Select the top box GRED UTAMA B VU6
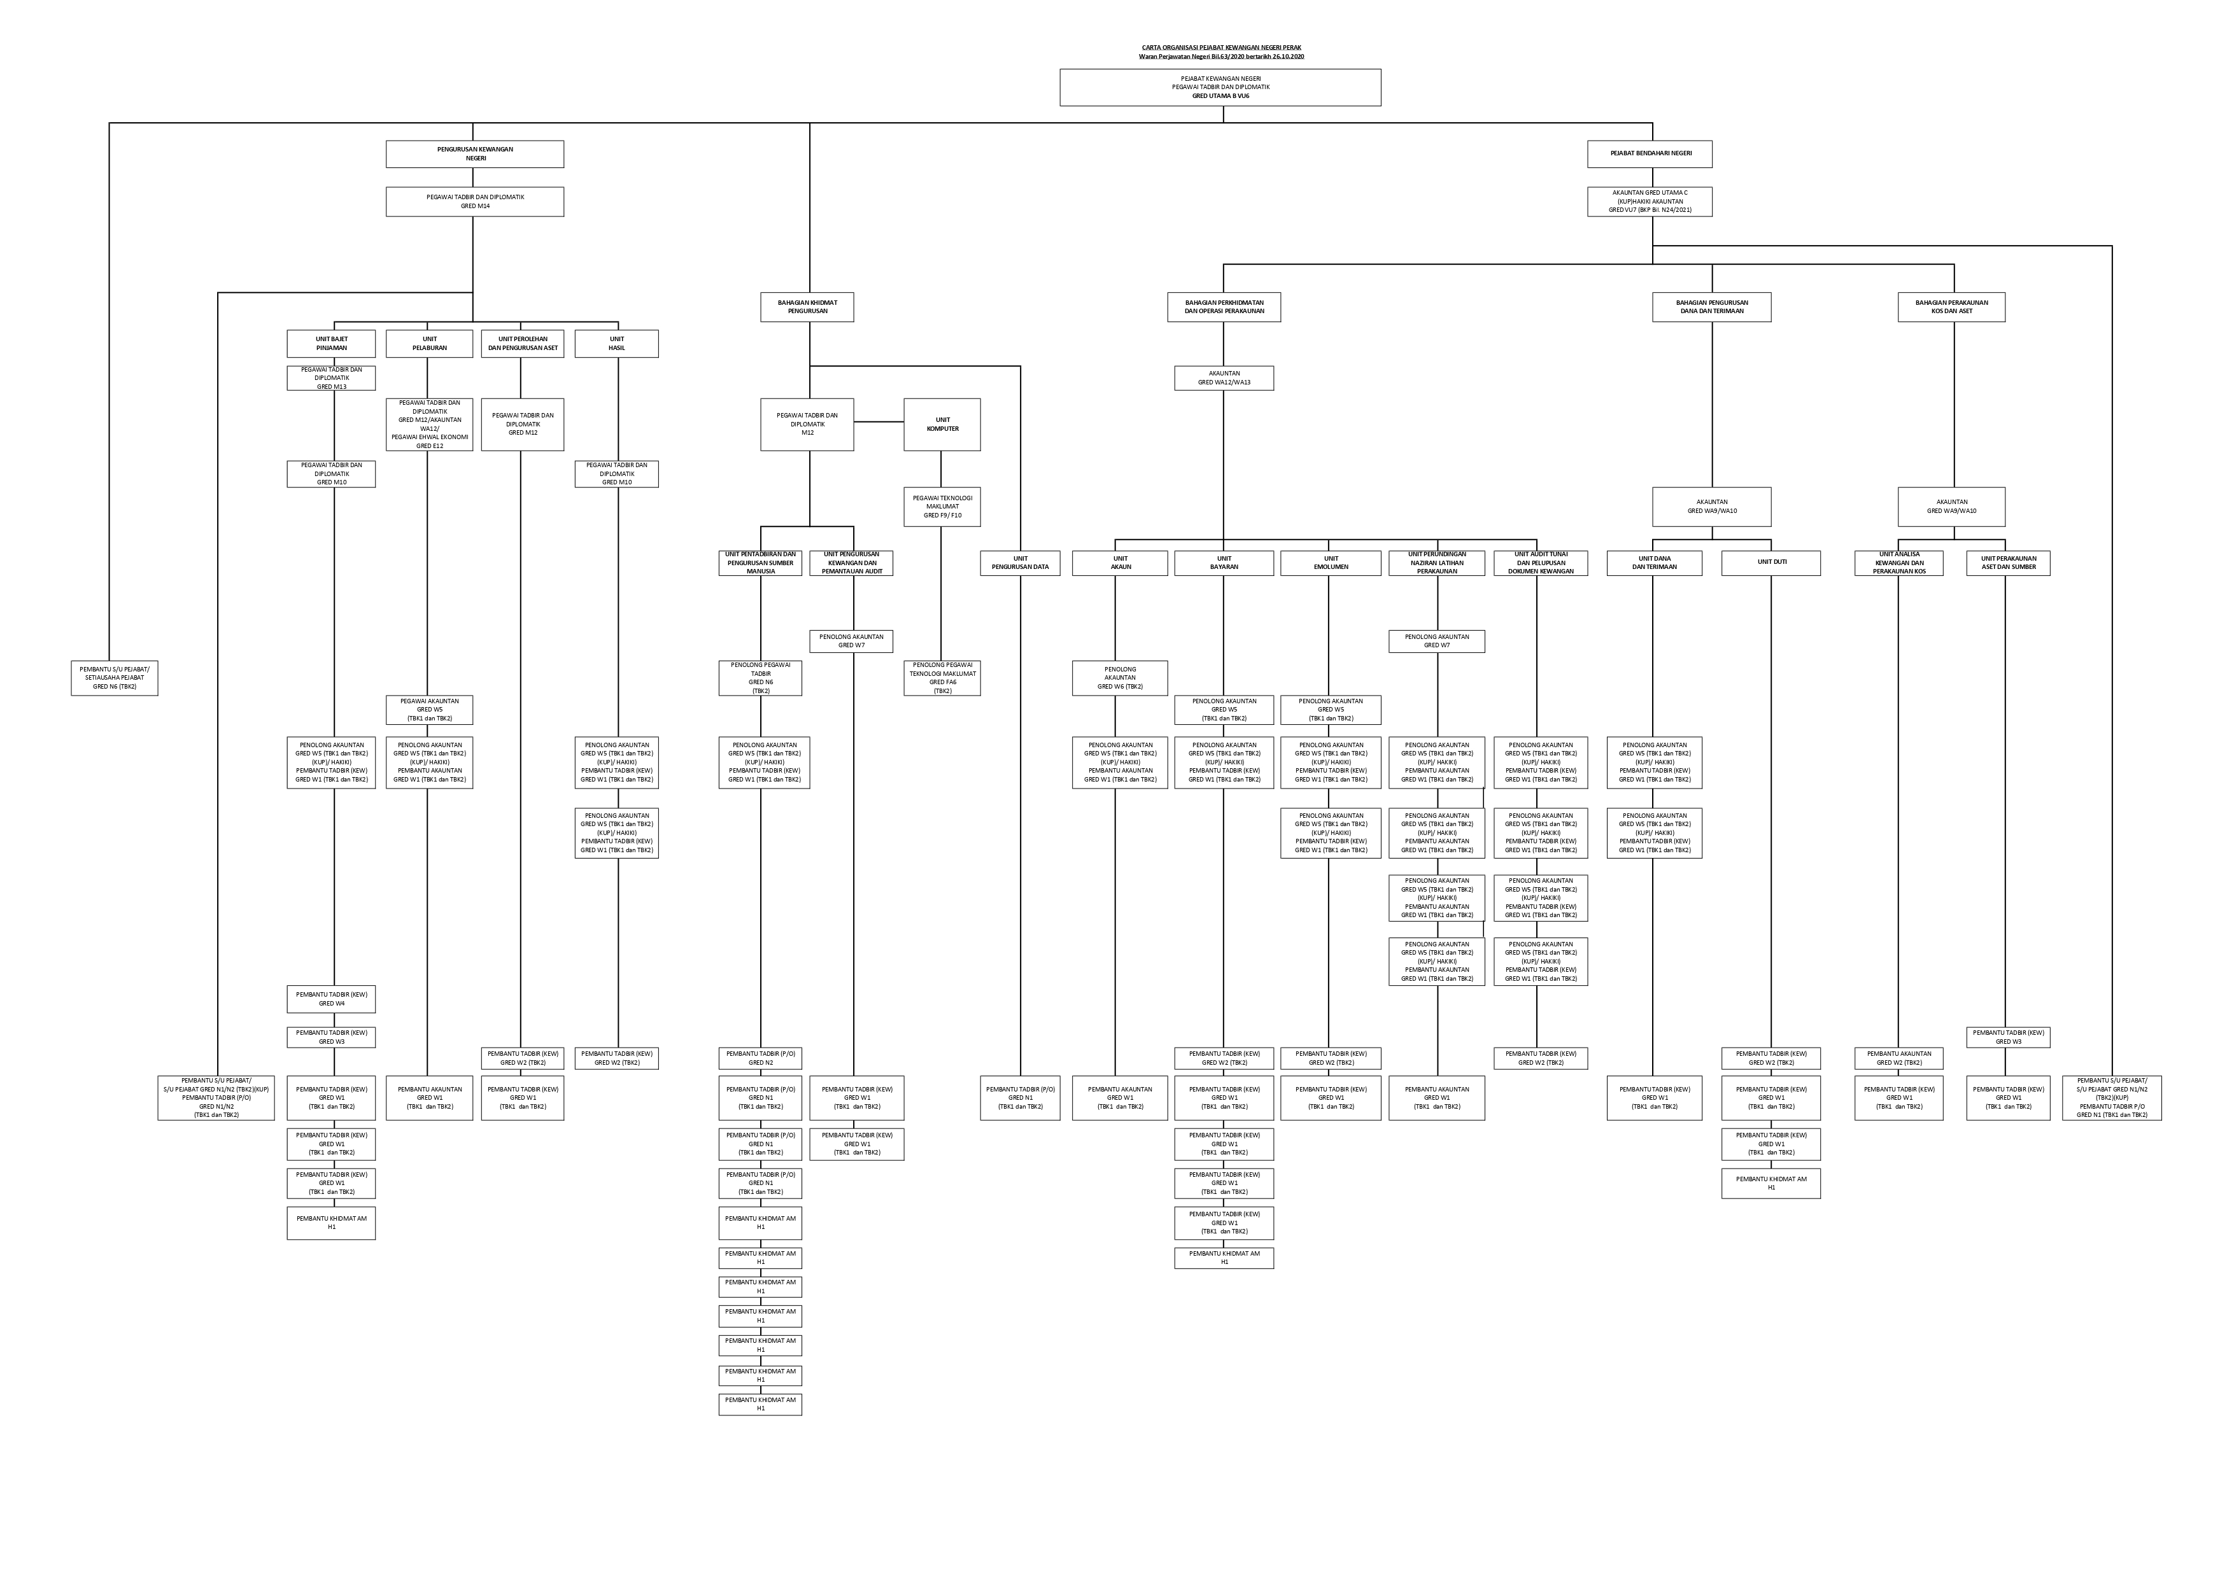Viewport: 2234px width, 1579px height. pyautogui.click(x=1220, y=88)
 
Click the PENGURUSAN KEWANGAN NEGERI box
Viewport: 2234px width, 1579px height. pyautogui.click(x=475, y=154)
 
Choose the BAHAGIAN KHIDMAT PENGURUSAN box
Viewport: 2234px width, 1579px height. pyautogui.click(x=807, y=307)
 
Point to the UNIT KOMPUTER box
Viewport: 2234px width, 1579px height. pyautogui.click(x=942, y=424)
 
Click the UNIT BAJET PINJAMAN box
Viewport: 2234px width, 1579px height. pyautogui.click(x=331, y=344)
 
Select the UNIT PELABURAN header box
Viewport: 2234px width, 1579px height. pyautogui.click(x=429, y=344)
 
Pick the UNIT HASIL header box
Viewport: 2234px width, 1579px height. pyautogui.click(x=617, y=344)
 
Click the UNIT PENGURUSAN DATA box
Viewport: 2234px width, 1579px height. pyautogui.click(x=1020, y=563)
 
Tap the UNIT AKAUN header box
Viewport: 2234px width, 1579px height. pyautogui.click(x=1120, y=563)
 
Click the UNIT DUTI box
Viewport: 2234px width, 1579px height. pyautogui.click(x=1771, y=563)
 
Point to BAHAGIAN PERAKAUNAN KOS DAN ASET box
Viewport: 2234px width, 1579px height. pyautogui.click(x=1952, y=307)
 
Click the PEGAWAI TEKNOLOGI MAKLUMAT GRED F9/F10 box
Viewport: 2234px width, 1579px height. pyautogui.click(x=942, y=507)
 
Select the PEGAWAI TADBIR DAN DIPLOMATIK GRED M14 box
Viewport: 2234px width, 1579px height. pyautogui.click(x=475, y=201)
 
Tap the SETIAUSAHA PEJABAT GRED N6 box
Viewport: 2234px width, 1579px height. pyautogui.click(x=115, y=678)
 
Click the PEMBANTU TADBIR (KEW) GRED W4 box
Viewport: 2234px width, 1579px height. pyautogui.click(x=331, y=999)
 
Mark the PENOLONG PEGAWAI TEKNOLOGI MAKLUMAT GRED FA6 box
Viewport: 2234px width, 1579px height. pyautogui.click(x=942, y=678)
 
